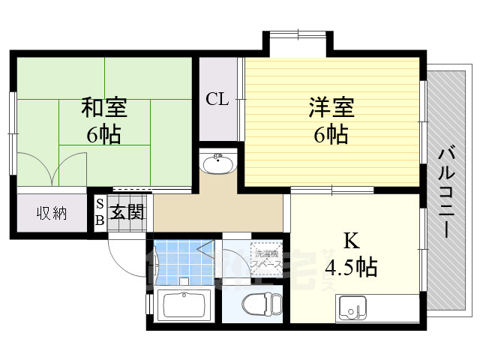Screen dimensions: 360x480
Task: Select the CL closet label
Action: point(217,99)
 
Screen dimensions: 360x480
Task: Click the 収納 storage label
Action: point(52,213)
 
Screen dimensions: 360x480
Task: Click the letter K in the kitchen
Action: point(350,241)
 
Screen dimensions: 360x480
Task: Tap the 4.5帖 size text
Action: point(350,266)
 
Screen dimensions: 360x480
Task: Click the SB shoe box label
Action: point(99,213)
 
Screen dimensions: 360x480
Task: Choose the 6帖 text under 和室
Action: point(104,136)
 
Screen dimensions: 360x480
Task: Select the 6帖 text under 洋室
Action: point(331,136)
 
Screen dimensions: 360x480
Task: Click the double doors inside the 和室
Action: point(51,169)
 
